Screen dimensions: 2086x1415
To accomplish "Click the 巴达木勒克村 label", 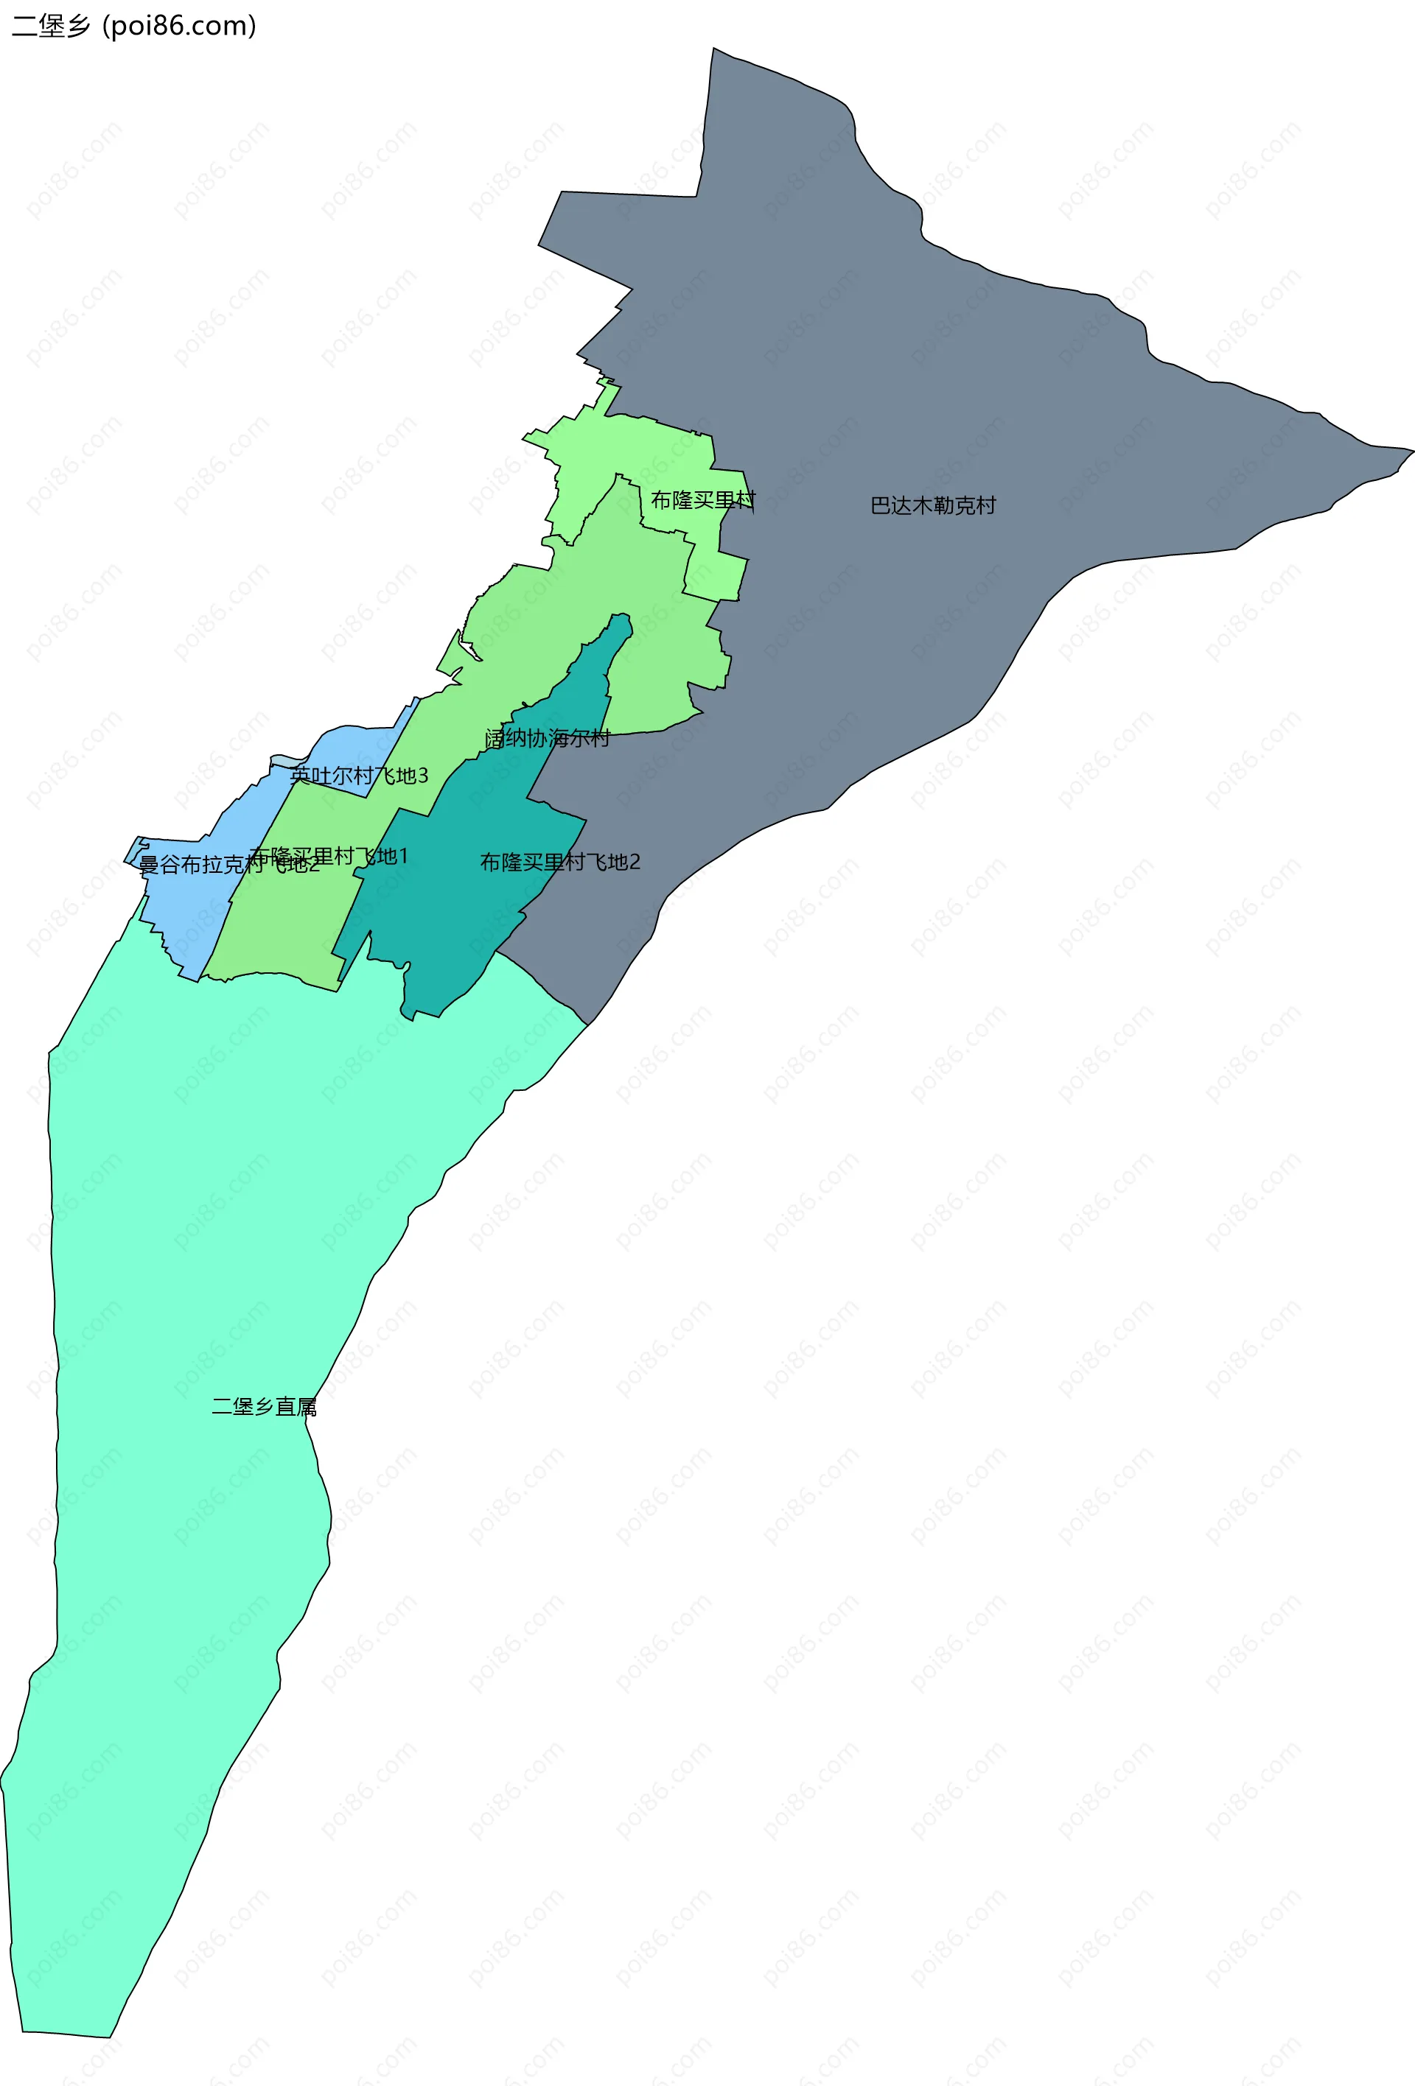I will (x=933, y=505).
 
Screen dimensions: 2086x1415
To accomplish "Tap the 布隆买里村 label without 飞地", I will (x=703, y=500).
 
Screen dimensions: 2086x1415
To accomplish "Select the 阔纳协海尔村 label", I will (x=547, y=738).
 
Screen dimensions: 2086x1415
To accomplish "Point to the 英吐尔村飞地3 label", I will (x=359, y=776).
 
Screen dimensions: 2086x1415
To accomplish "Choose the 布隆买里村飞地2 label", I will (x=560, y=862).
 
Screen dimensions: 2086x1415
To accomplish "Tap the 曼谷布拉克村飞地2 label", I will (x=229, y=865).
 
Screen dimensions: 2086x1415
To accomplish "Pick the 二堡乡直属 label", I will (x=264, y=1407).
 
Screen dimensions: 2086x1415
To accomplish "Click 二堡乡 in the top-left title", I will (x=51, y=26).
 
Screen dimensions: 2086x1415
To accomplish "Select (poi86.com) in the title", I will (x=180, y=26).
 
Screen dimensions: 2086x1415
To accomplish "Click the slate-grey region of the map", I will (x=898, y=359).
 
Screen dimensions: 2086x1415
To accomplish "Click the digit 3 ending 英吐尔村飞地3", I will (x=423, y=776).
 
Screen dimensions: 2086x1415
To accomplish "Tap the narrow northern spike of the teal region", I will (x=620, y=623).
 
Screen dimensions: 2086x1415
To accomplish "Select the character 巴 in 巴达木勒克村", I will (x=880, y=505).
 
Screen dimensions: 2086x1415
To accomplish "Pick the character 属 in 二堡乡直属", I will (x=307, y=1407).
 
